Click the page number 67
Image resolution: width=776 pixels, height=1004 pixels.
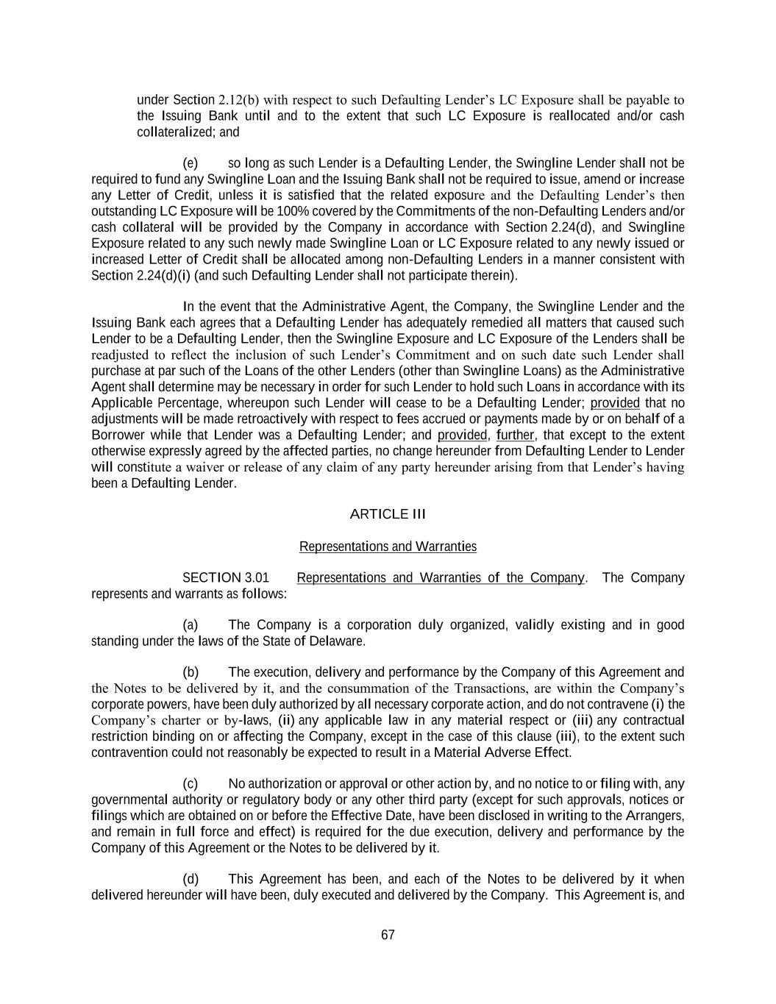tap(388, 935)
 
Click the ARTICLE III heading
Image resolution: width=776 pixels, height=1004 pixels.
tap(388, 514)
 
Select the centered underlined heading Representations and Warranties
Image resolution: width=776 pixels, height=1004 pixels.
tap(388, 546)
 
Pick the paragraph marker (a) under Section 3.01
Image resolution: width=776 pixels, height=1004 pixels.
tap(191, 625)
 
